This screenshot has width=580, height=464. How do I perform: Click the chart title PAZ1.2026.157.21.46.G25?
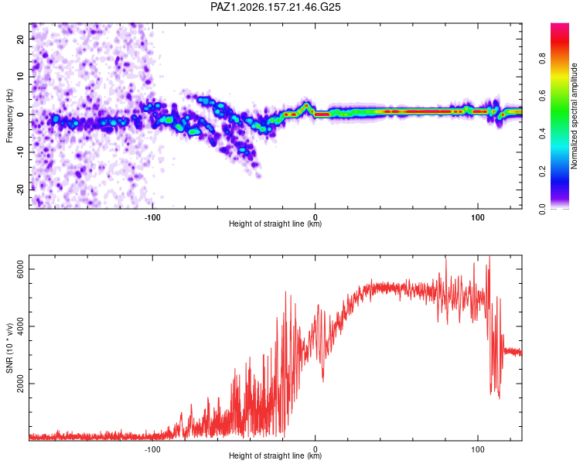click(275, 7)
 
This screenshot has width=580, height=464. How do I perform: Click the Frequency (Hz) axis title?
click(9, 115)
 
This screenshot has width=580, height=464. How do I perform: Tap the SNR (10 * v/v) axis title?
click(9, 348)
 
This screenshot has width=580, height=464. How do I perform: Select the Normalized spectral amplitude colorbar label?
click(574, 115)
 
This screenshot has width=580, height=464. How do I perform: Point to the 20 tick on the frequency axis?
click(20, 39)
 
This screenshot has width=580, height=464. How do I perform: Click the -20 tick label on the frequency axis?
click(20, 189)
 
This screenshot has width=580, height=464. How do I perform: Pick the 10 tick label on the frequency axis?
click(20, 77)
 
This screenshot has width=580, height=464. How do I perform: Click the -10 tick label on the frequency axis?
click(20, 152)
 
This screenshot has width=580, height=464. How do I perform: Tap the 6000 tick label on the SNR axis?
click(20, 269)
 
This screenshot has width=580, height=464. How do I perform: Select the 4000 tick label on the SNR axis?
click(20, 326)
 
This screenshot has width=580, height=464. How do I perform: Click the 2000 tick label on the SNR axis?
click(20, 384)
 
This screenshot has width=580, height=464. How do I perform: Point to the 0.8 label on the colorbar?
click(542, 58)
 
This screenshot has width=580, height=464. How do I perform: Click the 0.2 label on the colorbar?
click(542, 172)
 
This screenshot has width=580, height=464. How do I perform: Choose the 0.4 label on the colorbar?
click(542, 134)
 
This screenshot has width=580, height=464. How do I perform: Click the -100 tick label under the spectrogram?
click(152, 217)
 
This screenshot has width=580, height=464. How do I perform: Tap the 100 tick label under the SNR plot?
click(478, 449)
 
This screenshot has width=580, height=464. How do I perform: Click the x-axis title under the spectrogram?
click(275, 223)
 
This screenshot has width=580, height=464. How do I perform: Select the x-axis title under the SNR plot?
click(275, 455)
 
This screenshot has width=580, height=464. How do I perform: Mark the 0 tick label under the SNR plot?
click(316, 449)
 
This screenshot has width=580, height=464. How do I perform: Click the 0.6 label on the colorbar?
click(542, 96)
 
